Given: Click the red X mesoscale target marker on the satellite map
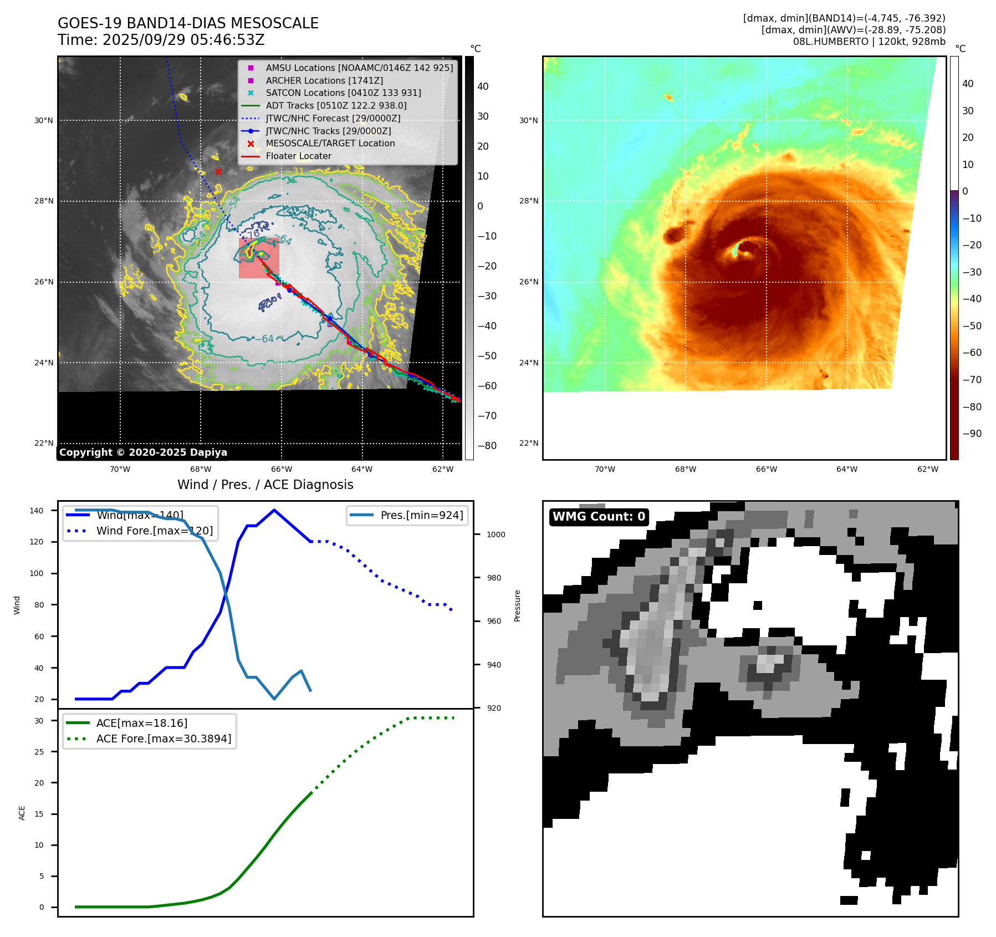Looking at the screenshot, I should (x=218, y=171).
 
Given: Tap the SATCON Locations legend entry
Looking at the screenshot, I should (x=343, y=93).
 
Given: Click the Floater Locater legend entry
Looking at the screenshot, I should (x=298, y=156).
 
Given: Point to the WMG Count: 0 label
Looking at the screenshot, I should (x=599, y=517).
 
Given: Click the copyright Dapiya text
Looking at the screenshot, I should (x=143, y=452).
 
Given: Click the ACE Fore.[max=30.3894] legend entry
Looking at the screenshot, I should (x=164, y=739).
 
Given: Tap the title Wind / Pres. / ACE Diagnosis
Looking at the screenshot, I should (x=265, y=485).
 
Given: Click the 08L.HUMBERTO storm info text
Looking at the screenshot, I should (x=869, y=42).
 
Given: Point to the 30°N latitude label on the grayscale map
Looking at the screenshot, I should (x=44, y=120).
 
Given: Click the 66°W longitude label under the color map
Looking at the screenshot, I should (x=766, y=469).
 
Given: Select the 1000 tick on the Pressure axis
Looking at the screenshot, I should (x=496, y=534).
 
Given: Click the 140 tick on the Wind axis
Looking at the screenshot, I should (x=37, y=511).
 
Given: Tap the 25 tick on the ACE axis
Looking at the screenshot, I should (x=39, y=752).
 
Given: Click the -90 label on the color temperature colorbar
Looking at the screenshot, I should (x=972, y=434).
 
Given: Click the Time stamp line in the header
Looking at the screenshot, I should (x=161, y=40).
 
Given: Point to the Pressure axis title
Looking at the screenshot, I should (x=517, y=605).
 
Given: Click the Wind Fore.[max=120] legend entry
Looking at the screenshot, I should (x=154, y=531).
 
